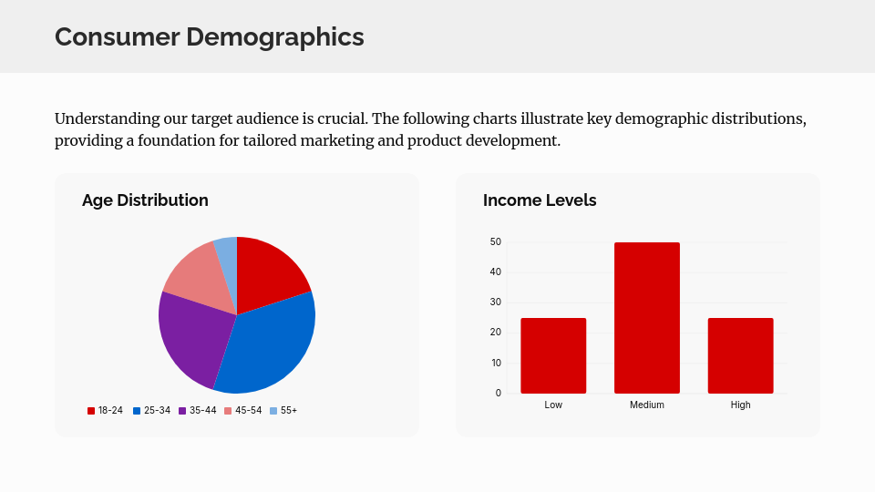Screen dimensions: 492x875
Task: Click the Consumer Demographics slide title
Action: (x=209, y=36)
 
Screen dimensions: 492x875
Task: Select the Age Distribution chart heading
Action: (x=145, y=200)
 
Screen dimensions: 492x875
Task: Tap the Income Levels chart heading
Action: (x=540, y=200)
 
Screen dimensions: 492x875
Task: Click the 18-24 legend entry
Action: (x=105, y=411)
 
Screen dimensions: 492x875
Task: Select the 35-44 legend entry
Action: (x=197, y=411)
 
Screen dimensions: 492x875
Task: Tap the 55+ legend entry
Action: (x=283, y=411)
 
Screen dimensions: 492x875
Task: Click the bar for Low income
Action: (x=553, y=355)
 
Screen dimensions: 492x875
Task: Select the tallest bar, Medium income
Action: (x=647, y=318)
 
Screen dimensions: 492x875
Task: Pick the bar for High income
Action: (x=740, y=355)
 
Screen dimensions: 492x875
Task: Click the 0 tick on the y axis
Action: (x=499, y=394)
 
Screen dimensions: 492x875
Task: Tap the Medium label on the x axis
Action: (x=647, y=405)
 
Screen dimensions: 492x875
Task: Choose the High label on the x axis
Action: (x=740, y=405)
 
